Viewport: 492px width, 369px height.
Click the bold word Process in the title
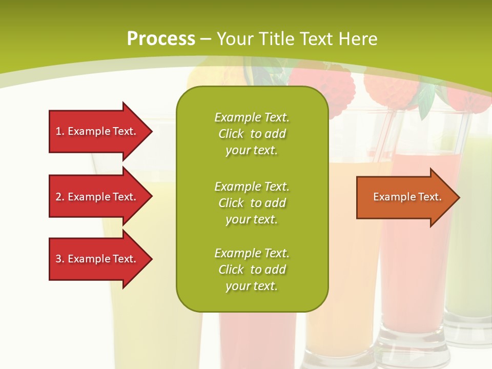[161, 39]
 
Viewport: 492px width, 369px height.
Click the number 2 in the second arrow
[58, 197]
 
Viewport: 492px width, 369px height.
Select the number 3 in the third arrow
[58, 259]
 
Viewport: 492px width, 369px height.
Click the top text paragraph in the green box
[252, 134]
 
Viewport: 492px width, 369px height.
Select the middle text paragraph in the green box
[252, 203]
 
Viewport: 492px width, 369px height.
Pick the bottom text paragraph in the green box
[252, 270]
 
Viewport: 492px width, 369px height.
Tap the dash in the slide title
[206, 39]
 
